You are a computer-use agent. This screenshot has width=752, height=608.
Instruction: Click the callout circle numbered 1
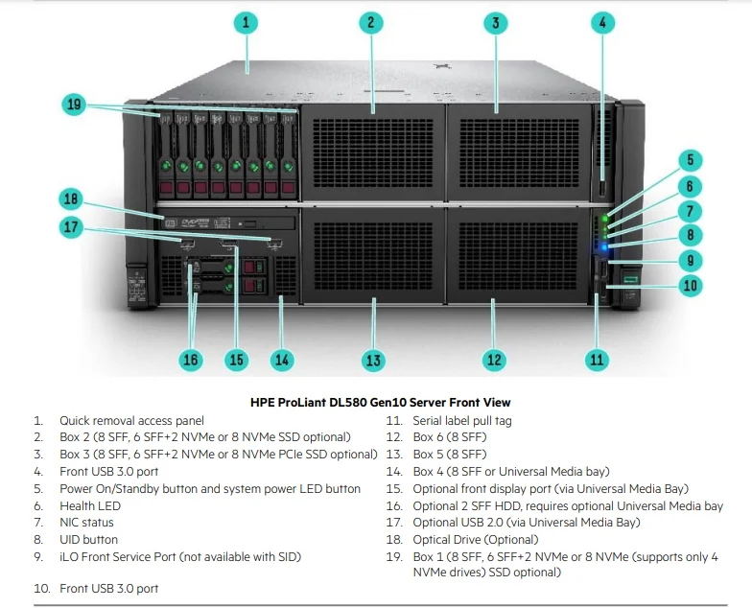(247, 22)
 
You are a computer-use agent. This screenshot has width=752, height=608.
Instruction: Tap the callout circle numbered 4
(601, 22)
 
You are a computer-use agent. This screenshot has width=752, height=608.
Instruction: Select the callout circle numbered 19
(74, 105)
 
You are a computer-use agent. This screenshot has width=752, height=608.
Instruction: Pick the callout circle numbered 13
(373, 361)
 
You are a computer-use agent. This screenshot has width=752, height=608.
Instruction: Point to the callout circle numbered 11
(597, 360)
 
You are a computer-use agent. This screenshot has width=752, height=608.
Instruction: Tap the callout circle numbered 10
(689, 285)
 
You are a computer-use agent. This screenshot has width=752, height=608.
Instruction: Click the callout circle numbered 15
(236, 360)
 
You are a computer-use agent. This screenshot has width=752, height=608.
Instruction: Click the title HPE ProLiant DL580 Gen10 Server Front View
(380, 403)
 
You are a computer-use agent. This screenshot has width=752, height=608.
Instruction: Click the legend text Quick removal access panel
(131, 420)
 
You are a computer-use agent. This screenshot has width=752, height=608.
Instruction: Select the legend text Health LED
(90, 505)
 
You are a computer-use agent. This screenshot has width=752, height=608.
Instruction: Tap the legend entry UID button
(89, 540)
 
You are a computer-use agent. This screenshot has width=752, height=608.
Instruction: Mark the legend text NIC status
(86, 523)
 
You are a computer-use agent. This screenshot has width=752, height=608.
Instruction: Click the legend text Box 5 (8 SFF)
(450, 454)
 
